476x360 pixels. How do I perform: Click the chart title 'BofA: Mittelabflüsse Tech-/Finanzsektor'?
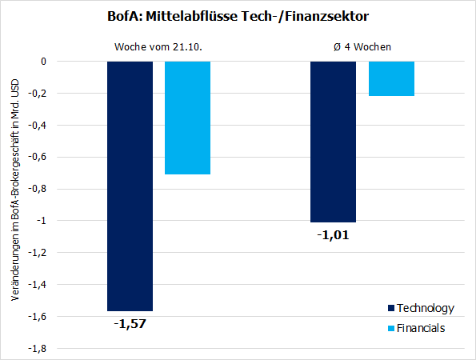(238, 16)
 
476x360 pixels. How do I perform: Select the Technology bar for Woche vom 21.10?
(130, 186)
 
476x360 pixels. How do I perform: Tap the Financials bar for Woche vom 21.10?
(187, 118)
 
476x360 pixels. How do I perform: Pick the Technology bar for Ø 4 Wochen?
(333, 142)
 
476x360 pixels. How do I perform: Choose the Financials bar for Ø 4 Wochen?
(391, 78)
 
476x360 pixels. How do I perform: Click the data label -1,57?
(130, 323)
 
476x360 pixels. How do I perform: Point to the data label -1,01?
(333, 234)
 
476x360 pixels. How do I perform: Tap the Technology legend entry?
(425, 308)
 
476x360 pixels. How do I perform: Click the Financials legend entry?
(421, 327)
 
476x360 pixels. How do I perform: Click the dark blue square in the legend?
(390, 308)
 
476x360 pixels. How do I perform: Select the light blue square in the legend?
(390, 328)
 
